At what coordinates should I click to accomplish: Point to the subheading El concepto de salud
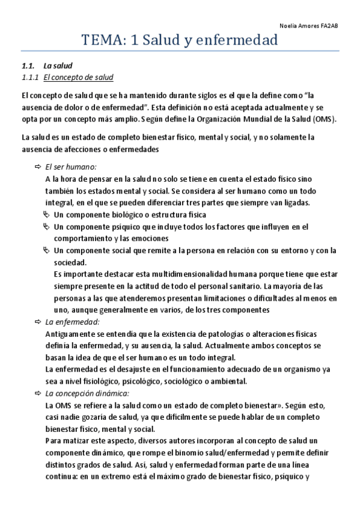(x=78, y=78)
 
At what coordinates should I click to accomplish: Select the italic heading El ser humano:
(x=71, y=167)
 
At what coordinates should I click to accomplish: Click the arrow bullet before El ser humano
(x=37, y=167)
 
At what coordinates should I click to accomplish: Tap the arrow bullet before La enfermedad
(x=37, y=323)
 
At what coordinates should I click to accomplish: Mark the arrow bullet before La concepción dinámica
(x=37, y=393)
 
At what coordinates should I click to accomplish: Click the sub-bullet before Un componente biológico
(x=48, y=215)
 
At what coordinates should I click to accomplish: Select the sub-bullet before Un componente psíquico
(x=48, y=227)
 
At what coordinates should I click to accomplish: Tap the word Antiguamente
(x=70, y=334)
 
